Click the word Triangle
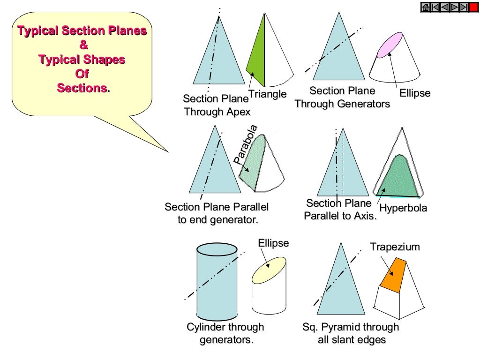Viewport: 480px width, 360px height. click(267, 94)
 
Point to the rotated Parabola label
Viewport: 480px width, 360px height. click(246, 144)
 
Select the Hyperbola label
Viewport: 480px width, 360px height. click(403, 208)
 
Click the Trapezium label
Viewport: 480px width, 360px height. click(395, 247)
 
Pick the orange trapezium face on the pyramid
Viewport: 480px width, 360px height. click(393, 277)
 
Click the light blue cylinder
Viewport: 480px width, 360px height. click(217, 281)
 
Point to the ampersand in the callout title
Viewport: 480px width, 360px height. click(82, 45)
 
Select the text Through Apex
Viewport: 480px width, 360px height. click(217, 112)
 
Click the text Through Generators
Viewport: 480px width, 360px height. click(342, 104)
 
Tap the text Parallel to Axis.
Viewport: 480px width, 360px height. click(340, 216)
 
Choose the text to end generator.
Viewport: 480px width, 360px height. click(218, 219)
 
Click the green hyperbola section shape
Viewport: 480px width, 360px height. click(398, 178)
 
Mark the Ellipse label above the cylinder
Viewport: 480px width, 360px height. click(273, 243)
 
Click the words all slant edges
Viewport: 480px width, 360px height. click(352, 339)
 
